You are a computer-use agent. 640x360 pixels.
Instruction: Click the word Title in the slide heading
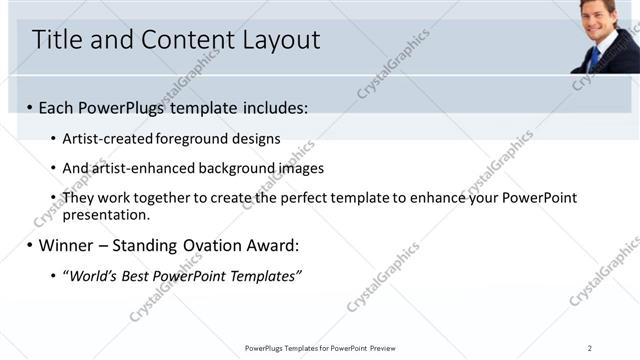56,40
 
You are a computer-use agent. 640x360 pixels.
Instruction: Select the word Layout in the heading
280,40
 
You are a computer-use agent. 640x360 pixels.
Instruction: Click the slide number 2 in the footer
590,348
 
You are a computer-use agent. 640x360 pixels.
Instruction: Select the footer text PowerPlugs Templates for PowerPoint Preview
320,348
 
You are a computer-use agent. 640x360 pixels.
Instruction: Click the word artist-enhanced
137,168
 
